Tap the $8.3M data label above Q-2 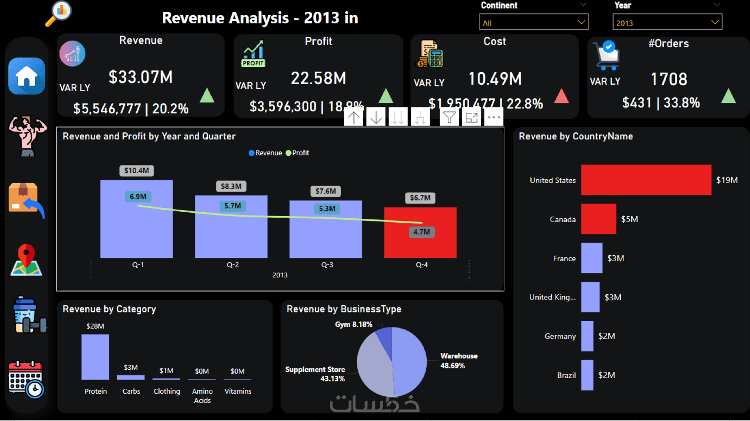[x=231, y=186]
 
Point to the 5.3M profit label [x=327, y=209]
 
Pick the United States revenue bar [x=646, y=180]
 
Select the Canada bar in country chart [x=599, y=219]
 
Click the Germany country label [x=560, y=336]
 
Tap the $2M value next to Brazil [x=606, y=375]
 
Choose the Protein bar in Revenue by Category [x=95, y=357]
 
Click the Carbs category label [x=131, y=391]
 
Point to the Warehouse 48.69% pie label [x=459, y=361]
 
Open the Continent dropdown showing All [x=533, y=22]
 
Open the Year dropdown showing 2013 [x=667, y=22]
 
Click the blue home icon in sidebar [x=26, y=76]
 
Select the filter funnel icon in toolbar [x=450, y=117]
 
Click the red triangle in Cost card [x=562, y=96]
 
